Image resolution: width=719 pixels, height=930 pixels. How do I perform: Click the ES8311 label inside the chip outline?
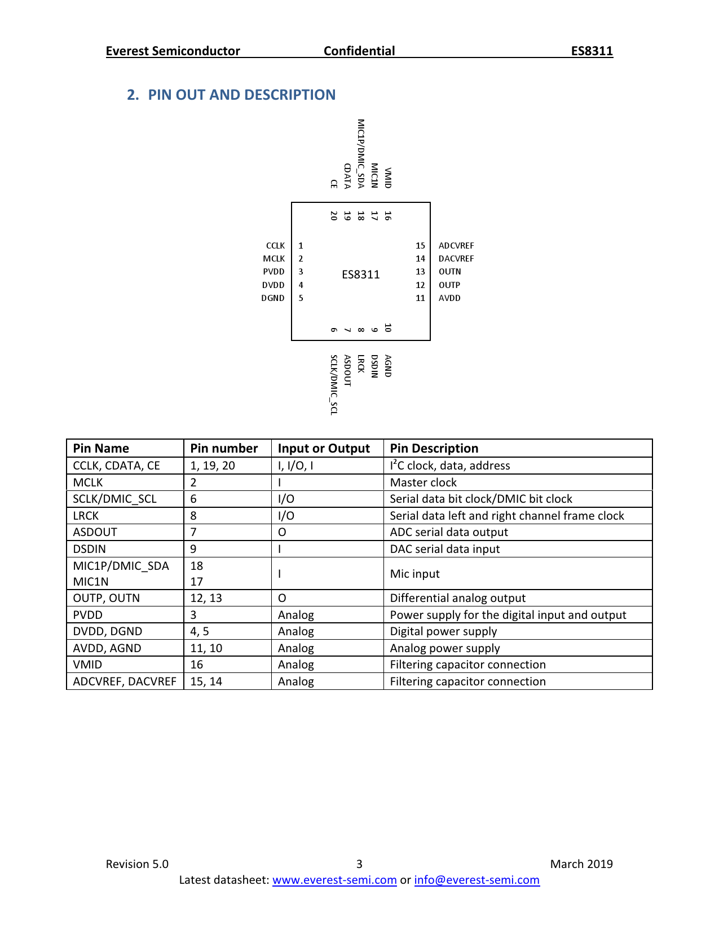coord(361,274)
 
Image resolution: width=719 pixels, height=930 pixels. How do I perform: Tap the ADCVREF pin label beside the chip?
coord(456,246)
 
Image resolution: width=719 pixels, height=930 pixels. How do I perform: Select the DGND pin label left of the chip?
coord(273,298)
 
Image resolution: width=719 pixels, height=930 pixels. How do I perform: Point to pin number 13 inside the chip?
coord(420,272)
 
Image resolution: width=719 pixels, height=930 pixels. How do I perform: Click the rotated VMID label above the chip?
coord(388,178)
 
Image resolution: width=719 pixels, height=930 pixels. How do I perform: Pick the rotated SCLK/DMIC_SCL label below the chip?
coord(334,385)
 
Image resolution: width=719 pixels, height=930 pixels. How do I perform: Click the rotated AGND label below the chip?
coord(388,366)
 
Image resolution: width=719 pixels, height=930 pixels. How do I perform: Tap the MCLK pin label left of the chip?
coord(274,259)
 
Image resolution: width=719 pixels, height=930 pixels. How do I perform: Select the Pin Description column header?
coord(434,449)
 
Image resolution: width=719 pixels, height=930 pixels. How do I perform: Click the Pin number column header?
coord(224,449)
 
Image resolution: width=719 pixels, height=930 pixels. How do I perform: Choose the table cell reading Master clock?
coord(423,482)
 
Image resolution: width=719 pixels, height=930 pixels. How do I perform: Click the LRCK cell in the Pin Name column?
coord(86,516)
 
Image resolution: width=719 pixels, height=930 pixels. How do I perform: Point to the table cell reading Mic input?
coord(414,574)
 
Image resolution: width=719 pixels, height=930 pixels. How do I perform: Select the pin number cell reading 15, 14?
coord(206,681)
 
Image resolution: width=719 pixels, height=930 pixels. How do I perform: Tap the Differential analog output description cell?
coord(457,598)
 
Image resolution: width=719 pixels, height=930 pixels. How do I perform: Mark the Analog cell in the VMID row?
coord(295,665)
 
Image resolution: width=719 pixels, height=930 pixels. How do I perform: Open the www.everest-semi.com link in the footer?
coord(334,880)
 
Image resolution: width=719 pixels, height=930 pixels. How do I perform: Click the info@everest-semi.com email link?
coord(477,880)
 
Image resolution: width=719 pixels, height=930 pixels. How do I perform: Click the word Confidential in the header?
coord(359,51)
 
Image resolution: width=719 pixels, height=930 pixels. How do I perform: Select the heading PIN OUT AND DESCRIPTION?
coord(241,95)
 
